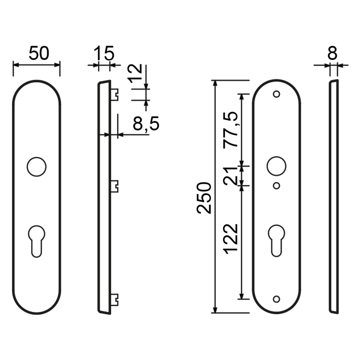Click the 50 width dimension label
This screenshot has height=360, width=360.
click(x=39, y=54)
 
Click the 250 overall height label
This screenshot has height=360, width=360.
click(x=204, y=198)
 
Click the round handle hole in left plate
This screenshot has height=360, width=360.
click(x=36, y=166)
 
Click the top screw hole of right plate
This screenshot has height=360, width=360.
click(x=276, y=94)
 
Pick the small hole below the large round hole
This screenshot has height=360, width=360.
click(x=276, y=185)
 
